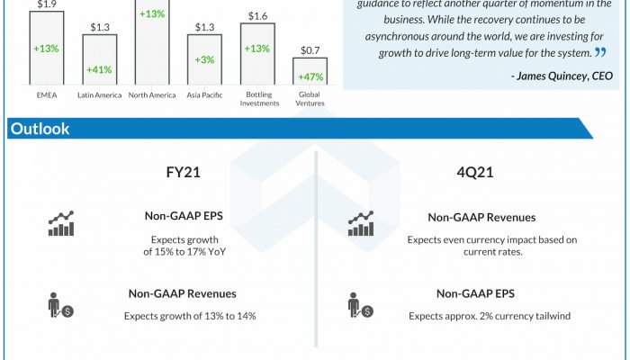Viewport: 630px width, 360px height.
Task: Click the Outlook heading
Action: click(40, 130)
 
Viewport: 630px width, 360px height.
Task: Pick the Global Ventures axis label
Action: click(310, 98)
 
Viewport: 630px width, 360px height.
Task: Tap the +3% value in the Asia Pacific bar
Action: click(204, 59)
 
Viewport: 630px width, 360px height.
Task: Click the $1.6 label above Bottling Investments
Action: click(257, 15)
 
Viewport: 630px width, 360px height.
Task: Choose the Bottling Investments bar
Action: click(257, 54)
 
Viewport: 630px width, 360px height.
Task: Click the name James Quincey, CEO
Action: click(562, 76)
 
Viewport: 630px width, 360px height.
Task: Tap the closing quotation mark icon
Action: click(599, 53)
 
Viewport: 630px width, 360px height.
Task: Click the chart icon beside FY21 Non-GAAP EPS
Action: click(61, 224)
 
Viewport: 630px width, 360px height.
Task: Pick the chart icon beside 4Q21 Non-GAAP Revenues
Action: click(361, 224)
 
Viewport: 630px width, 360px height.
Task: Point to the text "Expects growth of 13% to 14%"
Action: click(190, 316)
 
